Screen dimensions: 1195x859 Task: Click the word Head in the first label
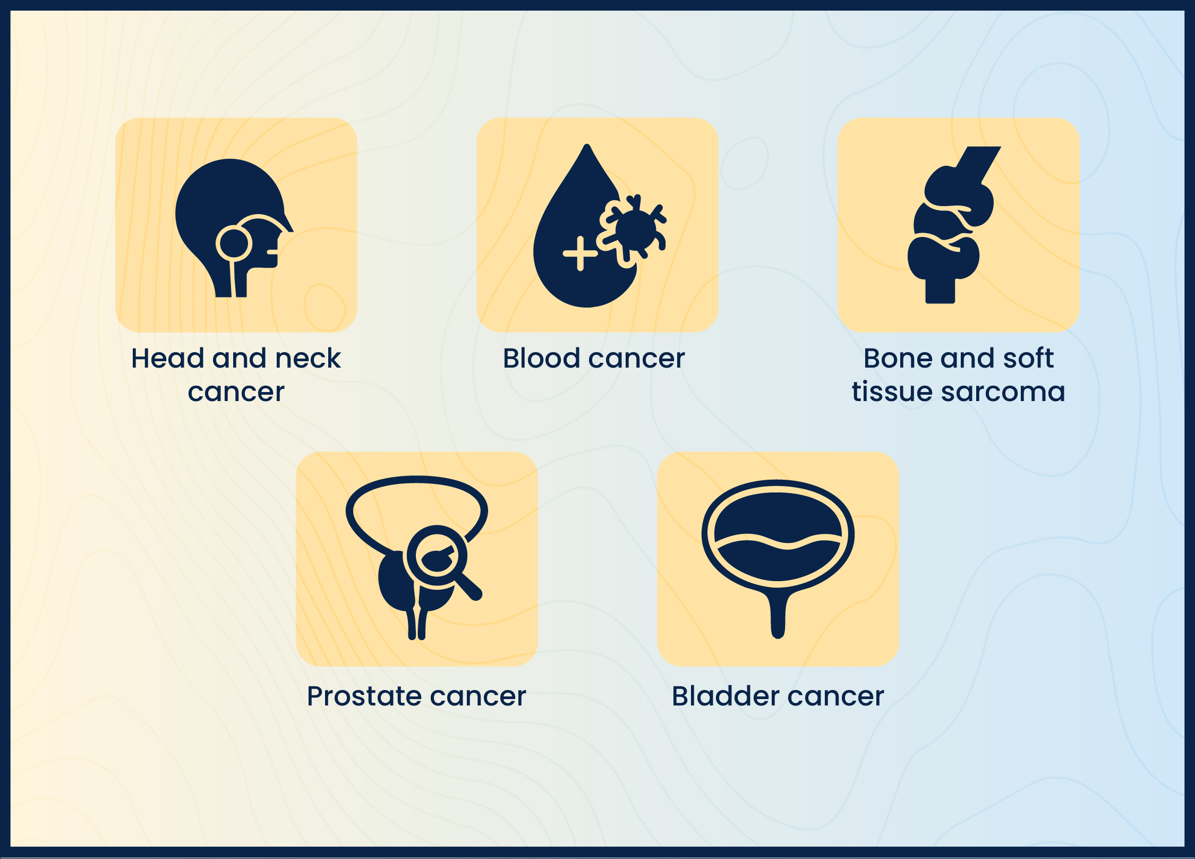(x=167, y=358)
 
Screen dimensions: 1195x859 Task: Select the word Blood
(x=542, y=358)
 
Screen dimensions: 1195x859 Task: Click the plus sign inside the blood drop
(x=580, y=253)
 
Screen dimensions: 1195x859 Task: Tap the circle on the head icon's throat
(x=233, y=243)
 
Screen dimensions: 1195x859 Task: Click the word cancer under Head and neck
(x=236, y=393)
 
